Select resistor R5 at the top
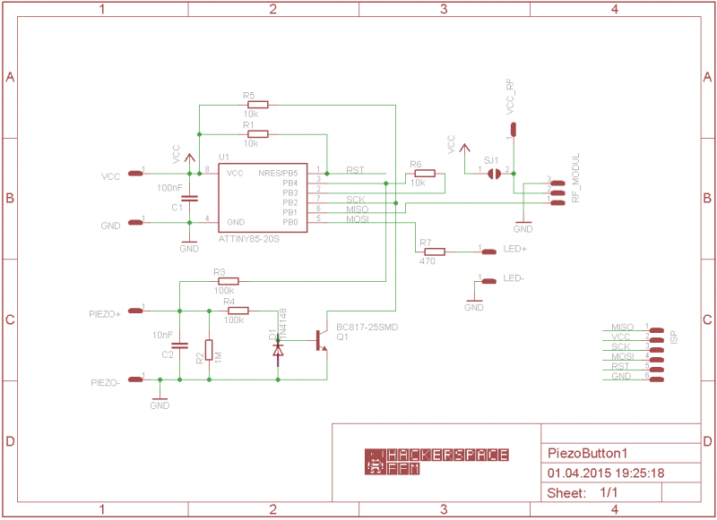(x=250, y=105)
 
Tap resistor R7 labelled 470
(x=434, y=251)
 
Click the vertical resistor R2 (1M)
(x=209, y=350)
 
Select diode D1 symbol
(x=278, y=351)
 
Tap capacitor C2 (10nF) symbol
(x=179, y=345)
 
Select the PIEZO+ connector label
(x=105, y=314)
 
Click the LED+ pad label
(x=514, y=250)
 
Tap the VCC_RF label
(x=511, y=97)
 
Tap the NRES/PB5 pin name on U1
(x=279, y=173)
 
